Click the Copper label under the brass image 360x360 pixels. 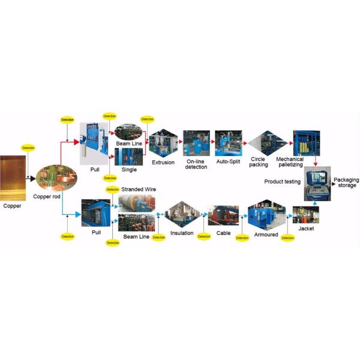click(12, 206)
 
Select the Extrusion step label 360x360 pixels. click(163, 163)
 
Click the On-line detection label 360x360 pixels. click(196, 164)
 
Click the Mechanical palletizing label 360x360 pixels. click(290, 162)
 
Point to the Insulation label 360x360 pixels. click(182, 233)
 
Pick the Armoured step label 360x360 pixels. click(266, 234)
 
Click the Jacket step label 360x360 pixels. click(305, 229)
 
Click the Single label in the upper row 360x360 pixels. click(129, 170)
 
